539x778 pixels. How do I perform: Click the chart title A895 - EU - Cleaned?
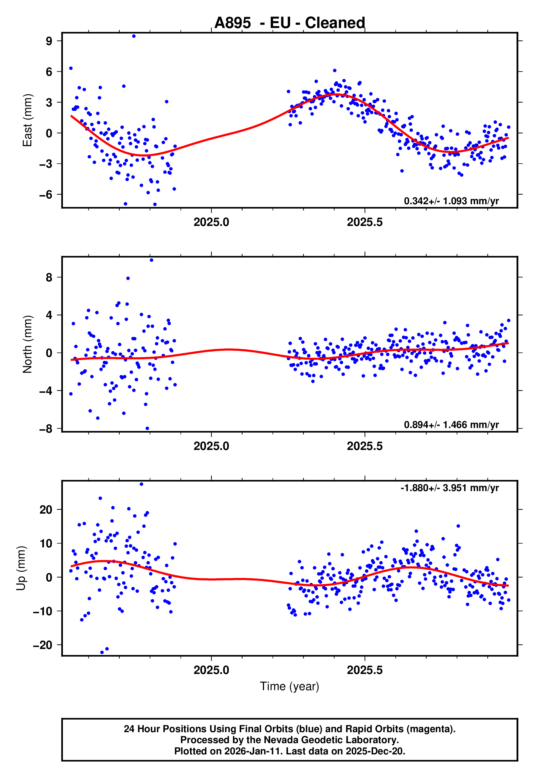pos(290,23)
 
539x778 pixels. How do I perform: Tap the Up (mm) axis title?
pos(21,568)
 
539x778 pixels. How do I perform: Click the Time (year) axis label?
pos(290,687)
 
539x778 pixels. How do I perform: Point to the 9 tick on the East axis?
pos(49,41)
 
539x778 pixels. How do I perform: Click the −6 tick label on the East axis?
pos(46,195)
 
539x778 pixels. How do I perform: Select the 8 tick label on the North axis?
pos(49,277)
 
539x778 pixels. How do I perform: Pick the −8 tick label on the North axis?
pos(46,429)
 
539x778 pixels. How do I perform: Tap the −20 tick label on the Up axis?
pos(43,645)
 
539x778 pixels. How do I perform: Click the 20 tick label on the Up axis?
pos(46,510)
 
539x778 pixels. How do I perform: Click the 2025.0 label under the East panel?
pos(212,222)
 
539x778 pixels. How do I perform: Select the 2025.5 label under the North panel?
pos(365,446)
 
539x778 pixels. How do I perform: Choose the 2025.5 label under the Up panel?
pos(365,670)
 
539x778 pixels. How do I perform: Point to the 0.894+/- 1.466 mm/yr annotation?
pos(451,425)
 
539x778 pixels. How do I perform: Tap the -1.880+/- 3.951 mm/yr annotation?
pos(449,488)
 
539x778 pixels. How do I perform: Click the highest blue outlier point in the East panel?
pos(134,36)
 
